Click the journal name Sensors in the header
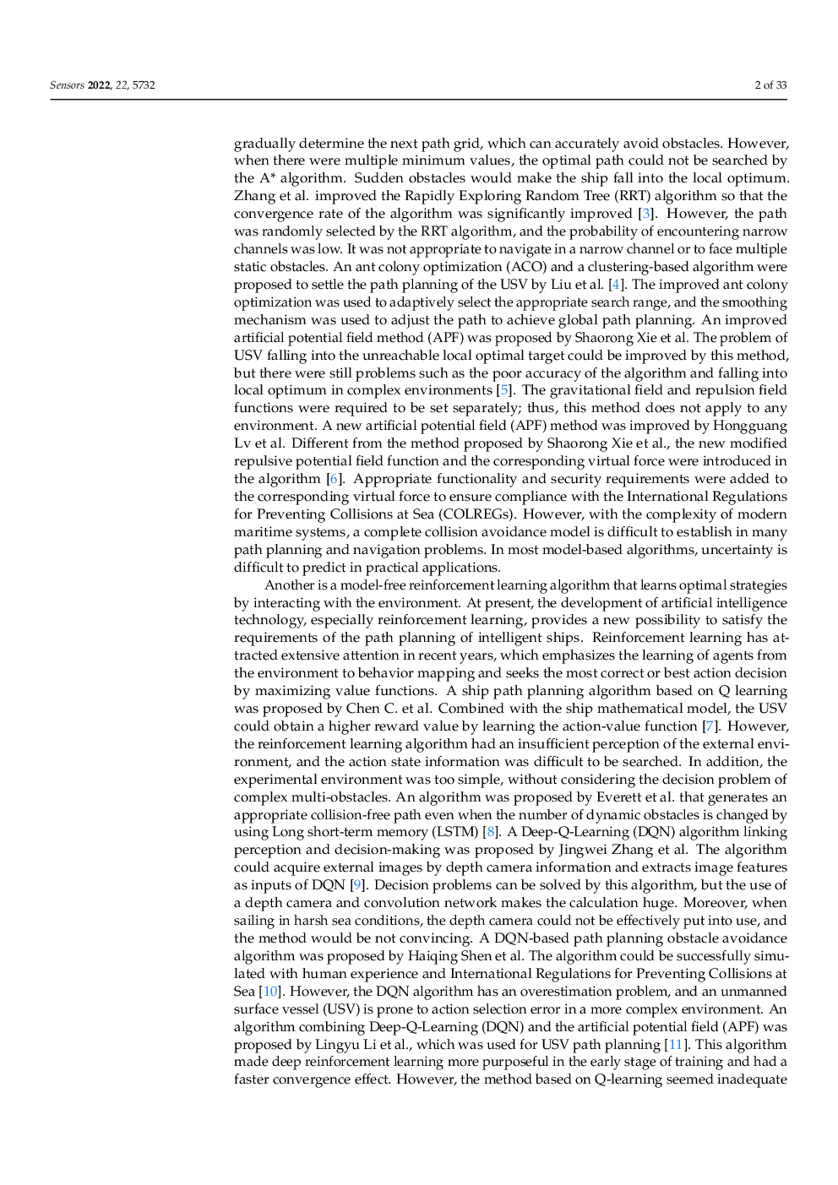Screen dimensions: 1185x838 click(66, 85)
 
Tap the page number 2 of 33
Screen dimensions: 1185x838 click(770, 85)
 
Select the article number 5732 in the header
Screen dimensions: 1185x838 click(144, 85)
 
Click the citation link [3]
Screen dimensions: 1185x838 click(646, 214)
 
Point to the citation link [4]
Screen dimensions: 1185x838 click(617, 285)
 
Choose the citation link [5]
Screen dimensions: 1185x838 click(503, 390)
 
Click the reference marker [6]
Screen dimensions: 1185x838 click(335, 479)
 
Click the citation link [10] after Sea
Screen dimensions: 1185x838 click(269, 991)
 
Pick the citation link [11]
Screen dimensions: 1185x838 click(675, 1045)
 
